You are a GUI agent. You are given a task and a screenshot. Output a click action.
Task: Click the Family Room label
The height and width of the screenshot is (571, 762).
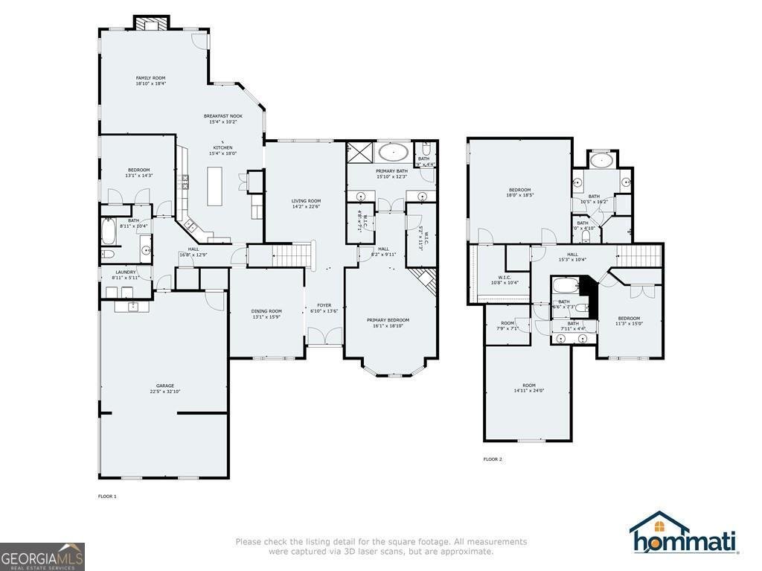tap(150, 78)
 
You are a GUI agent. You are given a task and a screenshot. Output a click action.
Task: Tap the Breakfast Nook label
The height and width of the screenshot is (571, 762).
tap(223, 116)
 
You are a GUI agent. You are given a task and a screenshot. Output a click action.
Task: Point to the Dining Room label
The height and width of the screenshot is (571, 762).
tap(266, 311)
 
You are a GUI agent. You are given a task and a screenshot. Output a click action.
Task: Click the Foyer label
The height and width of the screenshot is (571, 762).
tap(324, 304)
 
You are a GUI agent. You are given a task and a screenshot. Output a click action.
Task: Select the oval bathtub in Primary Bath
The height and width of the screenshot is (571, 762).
tap(393, 153)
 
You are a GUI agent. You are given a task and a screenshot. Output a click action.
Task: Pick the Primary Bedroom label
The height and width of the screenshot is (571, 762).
tap(388, 320)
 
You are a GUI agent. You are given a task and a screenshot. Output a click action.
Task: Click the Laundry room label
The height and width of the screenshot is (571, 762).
tap(126, 272)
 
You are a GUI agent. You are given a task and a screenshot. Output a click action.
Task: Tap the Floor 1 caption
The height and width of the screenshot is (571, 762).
tap(107, 496)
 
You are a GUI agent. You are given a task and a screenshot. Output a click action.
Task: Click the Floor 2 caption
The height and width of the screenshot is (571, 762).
tap(493, 459)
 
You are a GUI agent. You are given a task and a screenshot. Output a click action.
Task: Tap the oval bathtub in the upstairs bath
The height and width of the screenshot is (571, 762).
tap(600, 160)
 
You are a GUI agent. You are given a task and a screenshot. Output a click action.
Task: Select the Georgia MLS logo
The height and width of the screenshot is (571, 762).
tap(42, 557)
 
